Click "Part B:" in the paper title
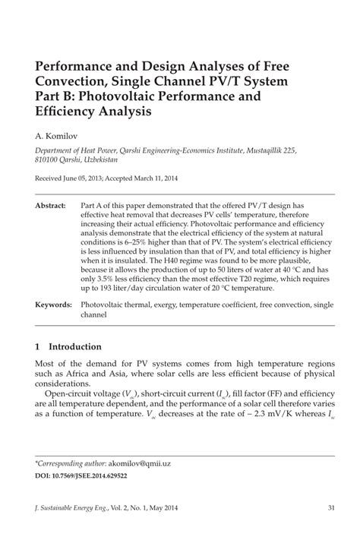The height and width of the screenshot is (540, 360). click(x=58, y=96)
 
